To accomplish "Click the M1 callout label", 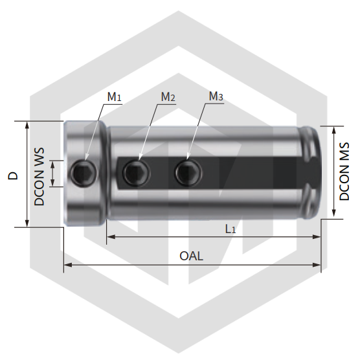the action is (114, 96).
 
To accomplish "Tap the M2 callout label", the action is (168, 96).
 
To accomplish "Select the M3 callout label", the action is (216, 96).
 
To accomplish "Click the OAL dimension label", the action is (191, 256).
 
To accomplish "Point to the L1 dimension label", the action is (231, 229).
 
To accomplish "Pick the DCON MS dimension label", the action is (344, 172).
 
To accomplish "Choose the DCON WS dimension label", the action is (39, 177).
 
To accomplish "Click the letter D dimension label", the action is (13, 175).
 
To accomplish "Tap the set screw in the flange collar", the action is (83, 172).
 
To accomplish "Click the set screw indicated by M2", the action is (137, 172).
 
